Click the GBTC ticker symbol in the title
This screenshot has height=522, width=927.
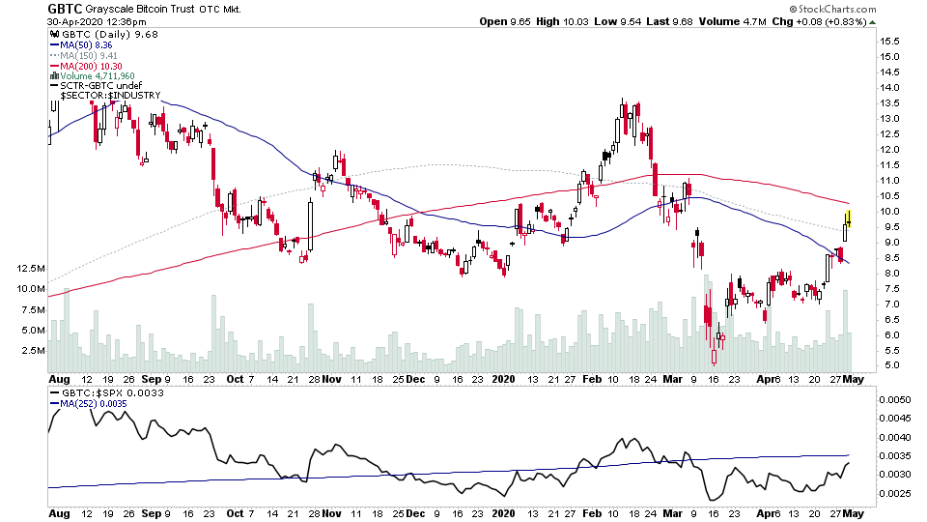click(65, 9)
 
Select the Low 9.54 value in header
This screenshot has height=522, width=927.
click(616, 21)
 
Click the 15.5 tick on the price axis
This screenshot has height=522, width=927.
click(888, 42)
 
